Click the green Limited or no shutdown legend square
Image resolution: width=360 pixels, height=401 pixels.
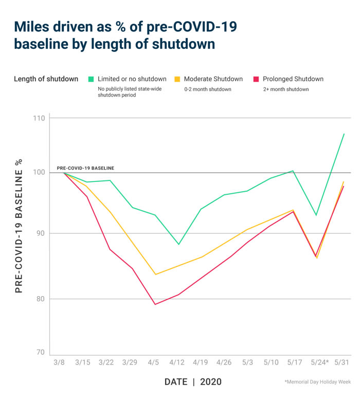[91, 79]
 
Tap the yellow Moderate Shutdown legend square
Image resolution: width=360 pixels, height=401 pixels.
[177, 79]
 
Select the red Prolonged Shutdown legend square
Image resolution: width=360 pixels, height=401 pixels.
[256, 79]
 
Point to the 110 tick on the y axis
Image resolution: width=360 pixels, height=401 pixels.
[39, 118]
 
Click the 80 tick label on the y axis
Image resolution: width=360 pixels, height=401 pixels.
[40, 299]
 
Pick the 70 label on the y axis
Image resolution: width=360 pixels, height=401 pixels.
[40, 353]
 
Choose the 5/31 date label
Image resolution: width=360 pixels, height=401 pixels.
[343, 362]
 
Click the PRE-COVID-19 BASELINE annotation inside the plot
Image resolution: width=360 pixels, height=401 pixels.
[85, 168]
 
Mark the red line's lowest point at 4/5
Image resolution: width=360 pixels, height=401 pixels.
[155, 304]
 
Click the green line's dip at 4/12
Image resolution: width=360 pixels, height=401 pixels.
[178, 244]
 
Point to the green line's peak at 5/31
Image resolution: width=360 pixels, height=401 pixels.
[344, 134]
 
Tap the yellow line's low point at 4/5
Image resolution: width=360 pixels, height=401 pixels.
[155, 275]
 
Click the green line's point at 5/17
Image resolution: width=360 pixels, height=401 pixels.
[293, 171]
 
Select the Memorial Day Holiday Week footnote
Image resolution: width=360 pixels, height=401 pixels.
[317, 382]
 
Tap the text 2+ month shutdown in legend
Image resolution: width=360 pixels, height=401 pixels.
[285, 89]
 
